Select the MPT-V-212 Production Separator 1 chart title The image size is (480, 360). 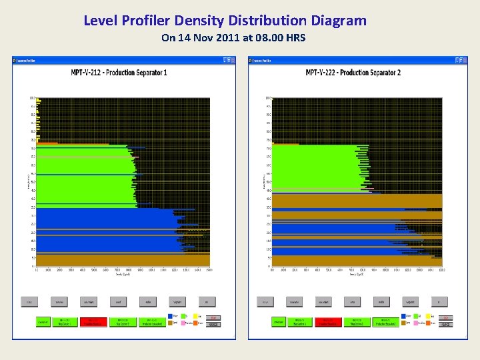point(119,72)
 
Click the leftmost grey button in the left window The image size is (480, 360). point(29,302)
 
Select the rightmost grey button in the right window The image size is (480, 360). point(439,302)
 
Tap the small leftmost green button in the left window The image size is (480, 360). point(43,322)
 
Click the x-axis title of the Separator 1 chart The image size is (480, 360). point(122,273)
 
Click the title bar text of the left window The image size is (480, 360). point(27,61)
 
